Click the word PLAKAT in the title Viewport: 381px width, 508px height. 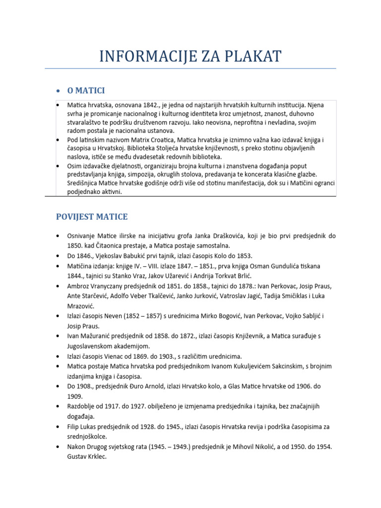pyautogui.click(x=249, y=56)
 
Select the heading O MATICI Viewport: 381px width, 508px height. pyautogui.click(x=86, y=90)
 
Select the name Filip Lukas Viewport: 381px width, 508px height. pyautogui.click(x=84, y=427)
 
